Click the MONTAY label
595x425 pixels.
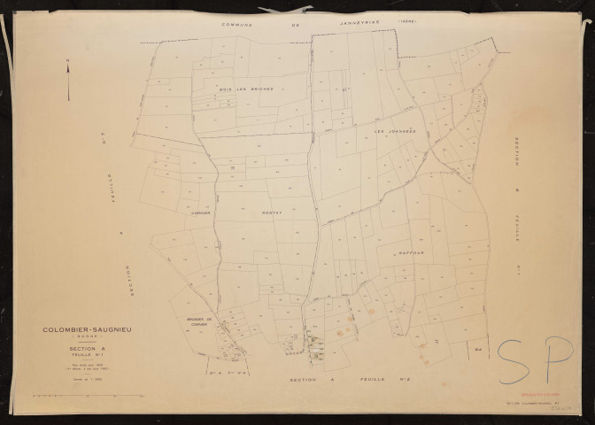click(271, 213)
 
